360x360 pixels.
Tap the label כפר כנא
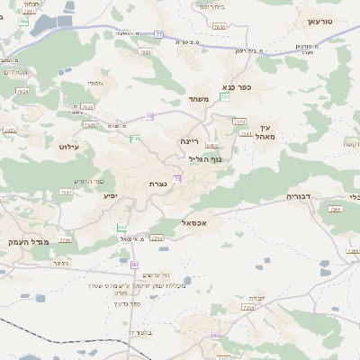click(236, 87)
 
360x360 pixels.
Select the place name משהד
click(199, 99)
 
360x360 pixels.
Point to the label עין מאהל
click(263, 133)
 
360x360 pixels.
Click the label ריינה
click(189, 141)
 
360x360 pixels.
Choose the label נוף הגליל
click(204, 158)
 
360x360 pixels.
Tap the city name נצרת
click(157, 184)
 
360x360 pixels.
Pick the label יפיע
click(111, 195)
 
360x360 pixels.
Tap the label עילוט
click(68, 146)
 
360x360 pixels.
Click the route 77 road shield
click(158, 34)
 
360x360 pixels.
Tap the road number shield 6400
click(211, 144)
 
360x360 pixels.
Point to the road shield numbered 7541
click(246, 134)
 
